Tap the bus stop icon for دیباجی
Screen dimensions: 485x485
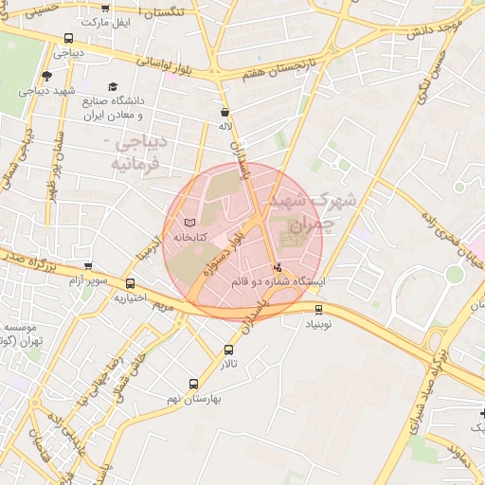[67, 38]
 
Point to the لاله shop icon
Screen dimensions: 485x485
[224, 112]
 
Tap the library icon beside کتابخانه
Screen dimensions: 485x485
[193, 221]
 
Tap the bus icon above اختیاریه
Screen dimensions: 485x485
[129, 283]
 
